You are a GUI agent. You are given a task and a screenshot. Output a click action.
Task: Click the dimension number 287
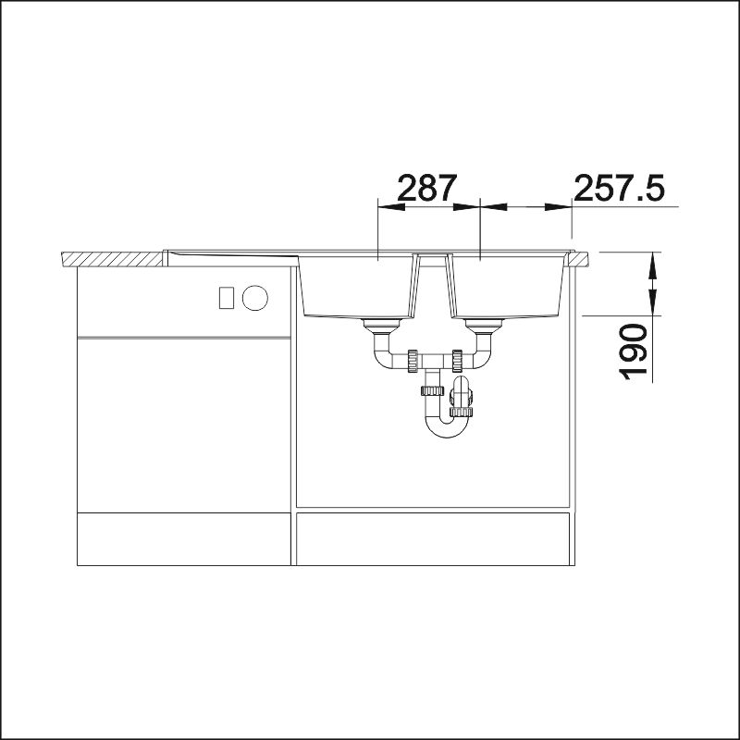click(427, 188)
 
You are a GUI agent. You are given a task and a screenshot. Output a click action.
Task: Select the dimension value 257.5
click(619, 188)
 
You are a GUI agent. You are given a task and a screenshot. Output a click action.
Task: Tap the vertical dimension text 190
click(634, 352)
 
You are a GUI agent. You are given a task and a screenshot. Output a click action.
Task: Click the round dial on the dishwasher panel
click(255, 298)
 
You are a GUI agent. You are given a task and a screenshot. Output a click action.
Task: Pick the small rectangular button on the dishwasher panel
click(227, 298)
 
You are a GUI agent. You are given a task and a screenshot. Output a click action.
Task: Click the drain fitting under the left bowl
click(381, 325)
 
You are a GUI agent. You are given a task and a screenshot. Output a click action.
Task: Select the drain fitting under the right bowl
click(484, 325)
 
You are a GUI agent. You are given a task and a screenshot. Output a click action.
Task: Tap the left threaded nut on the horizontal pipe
click(413, 361)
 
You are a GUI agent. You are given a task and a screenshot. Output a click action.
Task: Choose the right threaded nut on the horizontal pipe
click(456, 361)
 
